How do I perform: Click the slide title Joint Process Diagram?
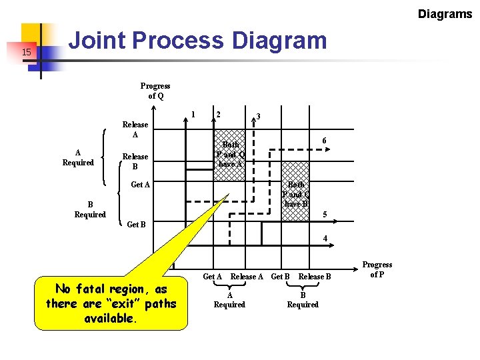coord(198,41)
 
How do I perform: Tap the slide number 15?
coord(27,52)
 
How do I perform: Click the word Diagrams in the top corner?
coord(445,14)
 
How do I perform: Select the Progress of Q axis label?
coord(155,91)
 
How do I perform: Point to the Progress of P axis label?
coord(377,269)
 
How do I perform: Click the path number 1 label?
coord(193,113)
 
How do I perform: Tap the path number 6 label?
coord(324,141)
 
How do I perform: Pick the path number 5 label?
coord(325,215)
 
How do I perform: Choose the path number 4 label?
coord(325,238)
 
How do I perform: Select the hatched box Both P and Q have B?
coord(295,193)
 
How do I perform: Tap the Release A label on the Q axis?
coord(135,129)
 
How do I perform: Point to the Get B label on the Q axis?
coord(136,225)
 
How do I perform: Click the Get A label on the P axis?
coord(213,277)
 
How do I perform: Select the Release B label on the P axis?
coord(315,277)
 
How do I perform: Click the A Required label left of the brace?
coord(78,157)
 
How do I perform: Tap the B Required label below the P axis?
coord(303,299)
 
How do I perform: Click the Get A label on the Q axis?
coord(140,185)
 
